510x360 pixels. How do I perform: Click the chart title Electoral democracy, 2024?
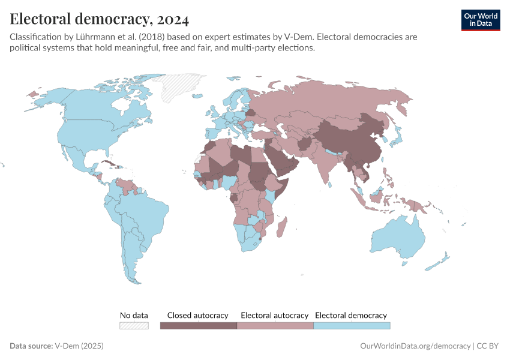coord(100,19)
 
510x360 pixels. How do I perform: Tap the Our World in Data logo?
coord(480,20)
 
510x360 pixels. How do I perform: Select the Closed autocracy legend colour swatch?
coord(198,326)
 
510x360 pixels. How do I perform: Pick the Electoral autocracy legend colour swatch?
coord(275,326)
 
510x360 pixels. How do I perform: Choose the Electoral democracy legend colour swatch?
coord(352,326)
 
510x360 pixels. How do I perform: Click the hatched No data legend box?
coord(134,326)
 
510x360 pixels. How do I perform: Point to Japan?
coord(397,139)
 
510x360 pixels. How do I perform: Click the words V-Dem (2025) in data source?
coord(79,346)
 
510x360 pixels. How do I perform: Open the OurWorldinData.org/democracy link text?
coord(415,346)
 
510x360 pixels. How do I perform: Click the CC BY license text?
coord(489,346)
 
